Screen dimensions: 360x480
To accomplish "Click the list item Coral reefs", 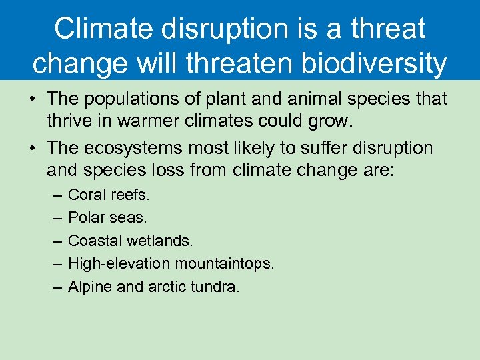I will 109,195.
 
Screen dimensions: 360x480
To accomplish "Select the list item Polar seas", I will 107,218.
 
